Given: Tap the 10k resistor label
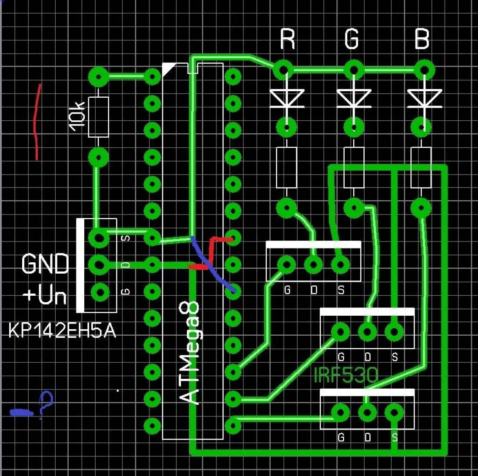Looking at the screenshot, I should (77, 116).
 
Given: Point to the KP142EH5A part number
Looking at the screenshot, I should (62, 331).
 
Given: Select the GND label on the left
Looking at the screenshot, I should (45, 264).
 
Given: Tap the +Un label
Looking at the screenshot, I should (45, 295).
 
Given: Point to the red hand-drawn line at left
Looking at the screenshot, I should (37, 122).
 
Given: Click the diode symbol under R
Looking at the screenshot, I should (286, 99).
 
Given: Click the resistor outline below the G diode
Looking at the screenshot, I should (354, 168).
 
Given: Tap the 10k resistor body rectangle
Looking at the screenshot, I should (98, 117).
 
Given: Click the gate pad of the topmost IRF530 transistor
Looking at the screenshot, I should (287, 264).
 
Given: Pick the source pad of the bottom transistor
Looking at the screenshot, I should (394, 413).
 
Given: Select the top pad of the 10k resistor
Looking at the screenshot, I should (99, 77).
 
